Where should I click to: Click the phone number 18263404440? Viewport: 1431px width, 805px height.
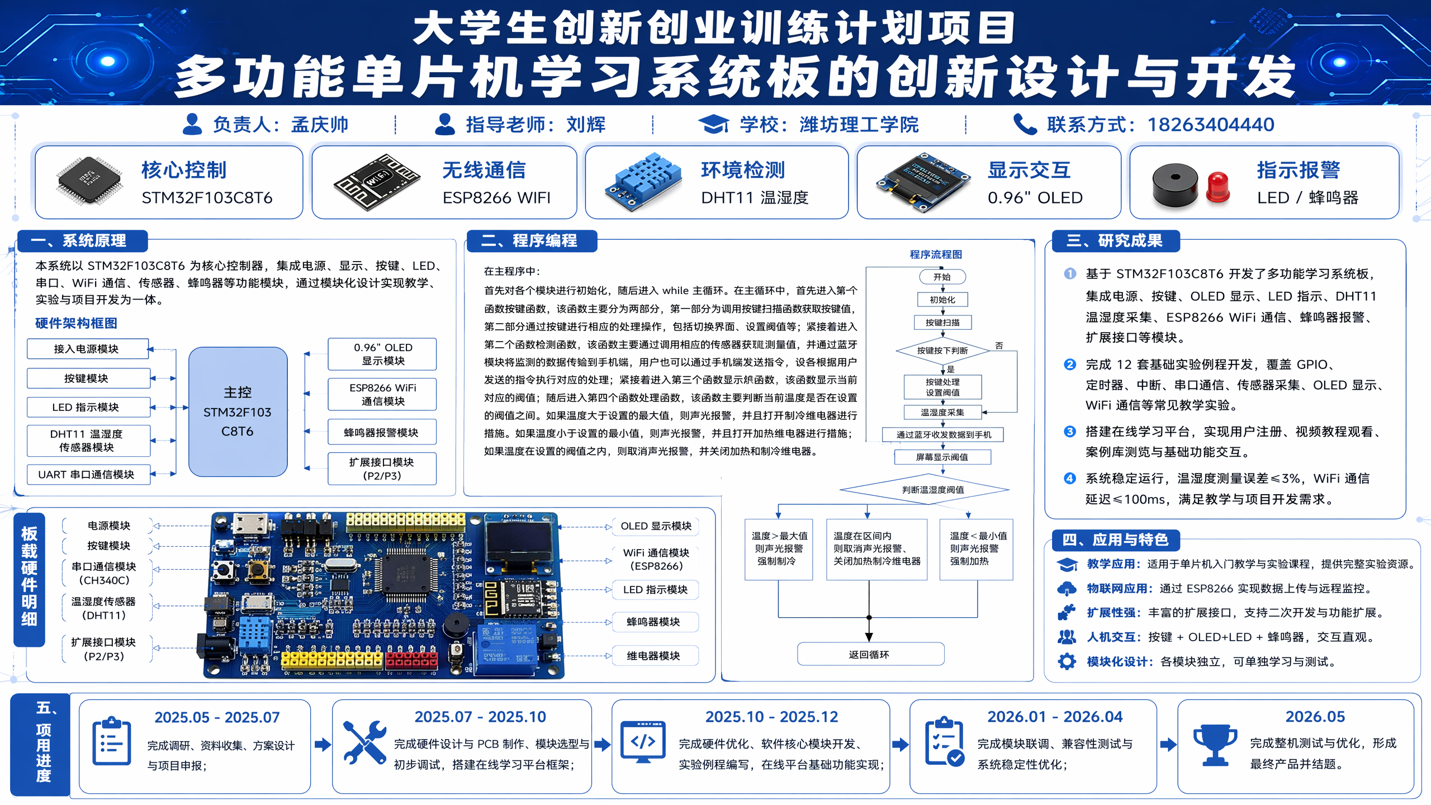coord(1211,124)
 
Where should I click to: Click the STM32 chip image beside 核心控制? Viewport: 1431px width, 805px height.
coord(89,181)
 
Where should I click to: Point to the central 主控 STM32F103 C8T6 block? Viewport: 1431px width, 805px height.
coord(238,411)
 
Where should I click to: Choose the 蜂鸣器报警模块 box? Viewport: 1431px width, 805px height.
coord(382,432)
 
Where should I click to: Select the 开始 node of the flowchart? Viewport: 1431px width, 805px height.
coord(942,277)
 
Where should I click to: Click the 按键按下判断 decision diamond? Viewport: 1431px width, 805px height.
coord(942,351)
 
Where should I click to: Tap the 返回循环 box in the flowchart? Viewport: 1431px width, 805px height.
coord(870,654)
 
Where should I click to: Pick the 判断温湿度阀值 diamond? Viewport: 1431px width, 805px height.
coord(925,490)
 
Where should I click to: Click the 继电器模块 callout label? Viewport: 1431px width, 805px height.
coord(655,656)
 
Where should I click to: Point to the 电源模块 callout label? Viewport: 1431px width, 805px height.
coord(108,525)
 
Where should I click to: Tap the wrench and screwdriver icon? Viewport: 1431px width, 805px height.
coord(364,742)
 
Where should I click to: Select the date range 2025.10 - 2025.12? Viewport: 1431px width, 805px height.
coord(771,717)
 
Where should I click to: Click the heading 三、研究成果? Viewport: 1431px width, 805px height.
coord(1115,241)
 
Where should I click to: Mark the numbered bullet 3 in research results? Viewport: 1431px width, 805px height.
coord(1070,432)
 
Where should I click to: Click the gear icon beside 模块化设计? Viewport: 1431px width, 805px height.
coord(1067,661)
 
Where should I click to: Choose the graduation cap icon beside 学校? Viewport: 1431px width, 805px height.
coord(713,124)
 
